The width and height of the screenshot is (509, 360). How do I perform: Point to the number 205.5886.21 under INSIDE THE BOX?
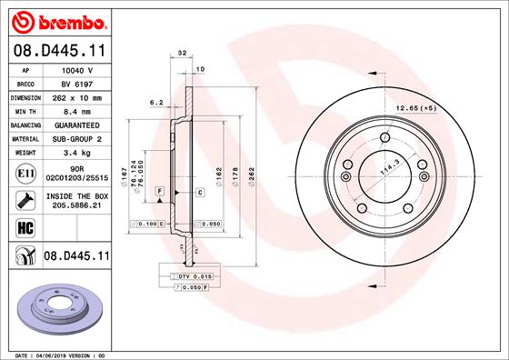click(x=77, y=206)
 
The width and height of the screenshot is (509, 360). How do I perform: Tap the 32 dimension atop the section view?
click(x=182, y=55)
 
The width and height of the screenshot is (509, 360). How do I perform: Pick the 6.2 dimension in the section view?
click(x=155, y=104)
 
